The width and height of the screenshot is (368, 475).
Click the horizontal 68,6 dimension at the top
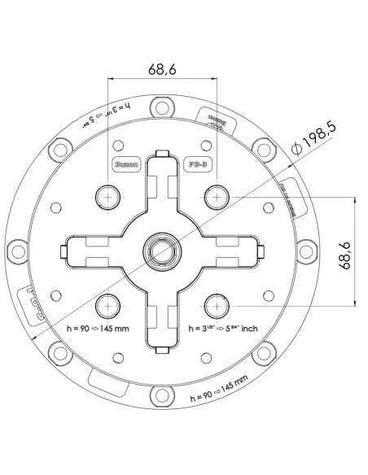[163, 70]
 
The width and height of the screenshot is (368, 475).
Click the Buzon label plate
[125, 163]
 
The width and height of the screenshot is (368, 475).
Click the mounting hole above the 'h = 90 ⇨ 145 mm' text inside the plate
[108, 305]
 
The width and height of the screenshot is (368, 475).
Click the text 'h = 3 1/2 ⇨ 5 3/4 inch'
[221, 329]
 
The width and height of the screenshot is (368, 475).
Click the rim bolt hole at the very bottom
[162, 397]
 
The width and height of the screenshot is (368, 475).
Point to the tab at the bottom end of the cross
[162, 345]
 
